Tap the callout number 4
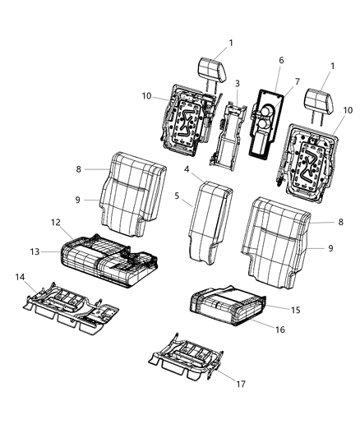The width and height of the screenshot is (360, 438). pos(187,169)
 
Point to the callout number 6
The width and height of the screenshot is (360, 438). pos(280,60)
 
